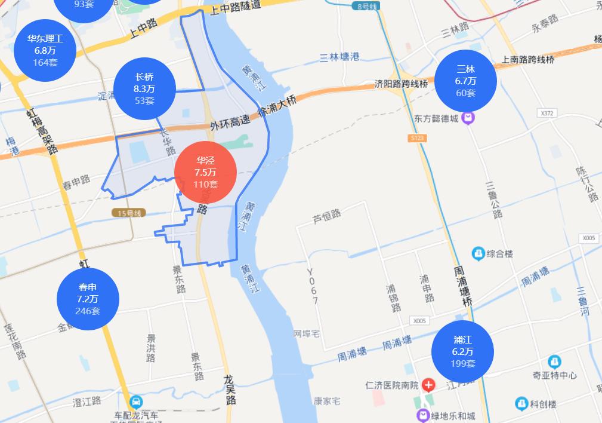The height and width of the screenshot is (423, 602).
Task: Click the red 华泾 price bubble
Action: (205, 172)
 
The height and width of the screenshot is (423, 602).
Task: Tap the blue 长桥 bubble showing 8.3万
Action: (144, 88)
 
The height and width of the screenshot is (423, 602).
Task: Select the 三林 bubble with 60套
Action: (465, 81)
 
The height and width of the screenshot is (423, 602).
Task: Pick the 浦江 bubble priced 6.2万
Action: (462, 351)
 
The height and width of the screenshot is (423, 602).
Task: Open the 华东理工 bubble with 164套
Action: (45, 51)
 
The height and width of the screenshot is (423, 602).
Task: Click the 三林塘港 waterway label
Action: (339, 57)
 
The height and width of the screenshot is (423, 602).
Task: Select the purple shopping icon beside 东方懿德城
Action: (470, 118)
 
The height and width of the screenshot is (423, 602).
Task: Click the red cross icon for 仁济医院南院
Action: (428, 385)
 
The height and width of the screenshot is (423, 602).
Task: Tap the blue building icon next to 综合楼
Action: (477, 254)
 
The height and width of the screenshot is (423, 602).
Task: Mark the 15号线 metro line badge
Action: (128, 213)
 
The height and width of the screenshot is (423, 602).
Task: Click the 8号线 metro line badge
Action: (366, 6)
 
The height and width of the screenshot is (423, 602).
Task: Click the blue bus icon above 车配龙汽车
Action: (136, 401)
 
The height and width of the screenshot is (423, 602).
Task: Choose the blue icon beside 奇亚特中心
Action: (554, 361)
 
